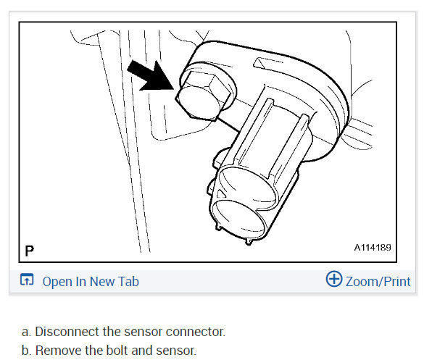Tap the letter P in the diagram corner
click(29, 251)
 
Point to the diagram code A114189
click(373, 248)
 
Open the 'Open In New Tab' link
click(90, 281)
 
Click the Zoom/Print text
click(378, 281)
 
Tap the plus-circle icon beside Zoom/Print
click(334, 280)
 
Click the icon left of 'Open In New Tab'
click(27, 281)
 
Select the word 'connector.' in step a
click(198, 332)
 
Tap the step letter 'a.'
click(27, 332)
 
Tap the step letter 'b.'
click(27, 351)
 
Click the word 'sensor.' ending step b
click(175, 351)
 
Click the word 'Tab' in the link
click(128, 281)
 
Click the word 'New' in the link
click(101, 281)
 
